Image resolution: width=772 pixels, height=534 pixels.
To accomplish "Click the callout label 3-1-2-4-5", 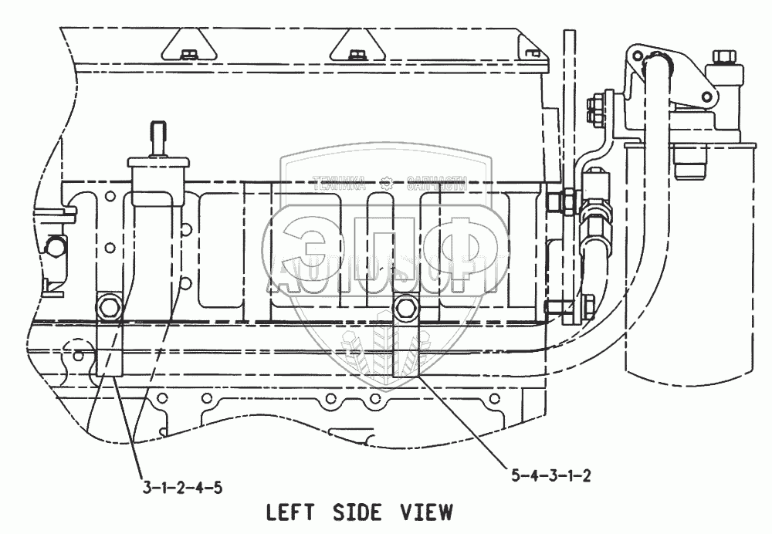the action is click(184, 487).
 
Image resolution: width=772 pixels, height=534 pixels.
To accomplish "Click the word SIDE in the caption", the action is click(358, 512).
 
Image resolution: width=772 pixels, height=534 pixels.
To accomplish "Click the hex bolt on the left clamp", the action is click(108, 308).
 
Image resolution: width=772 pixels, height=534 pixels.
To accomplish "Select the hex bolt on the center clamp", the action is click(405, 308).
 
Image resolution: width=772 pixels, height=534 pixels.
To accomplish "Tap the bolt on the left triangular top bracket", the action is click(188, 54).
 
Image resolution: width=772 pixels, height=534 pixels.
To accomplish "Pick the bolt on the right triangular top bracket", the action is click(356, 54).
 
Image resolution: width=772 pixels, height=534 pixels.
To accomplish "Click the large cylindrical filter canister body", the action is click(669, 255).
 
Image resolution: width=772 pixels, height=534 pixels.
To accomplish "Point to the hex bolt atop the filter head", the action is click(726, 59).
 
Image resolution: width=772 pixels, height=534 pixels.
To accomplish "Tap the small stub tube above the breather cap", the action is click(158, 135).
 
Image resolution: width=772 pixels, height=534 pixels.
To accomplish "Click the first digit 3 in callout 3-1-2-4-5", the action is click(147, 487).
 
